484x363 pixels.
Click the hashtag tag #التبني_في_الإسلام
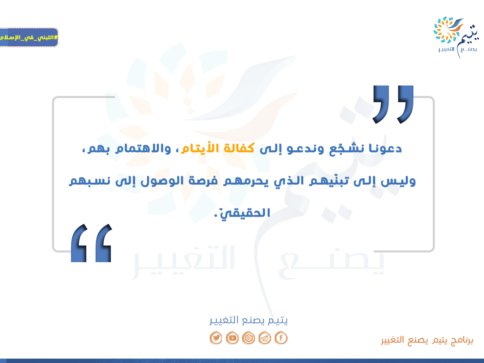(x=29, y=37)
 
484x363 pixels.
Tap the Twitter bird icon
(x=216, y=338)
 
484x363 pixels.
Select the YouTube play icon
(x=232, y=338)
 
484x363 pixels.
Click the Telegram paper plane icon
(x=265, y=338)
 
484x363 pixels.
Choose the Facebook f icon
(x=281, y=338)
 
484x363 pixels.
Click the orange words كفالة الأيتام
(x=218, y=148)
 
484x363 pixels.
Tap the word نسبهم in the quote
(x=90, y=181)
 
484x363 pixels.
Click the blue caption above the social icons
(x=248, y=320)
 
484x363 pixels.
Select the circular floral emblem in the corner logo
(x=447, y=30)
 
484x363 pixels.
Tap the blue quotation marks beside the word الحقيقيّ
(x=91, y=243)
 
